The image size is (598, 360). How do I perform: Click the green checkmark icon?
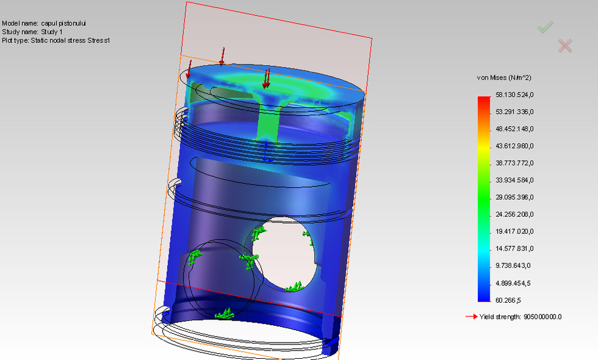click(x=546, y=27)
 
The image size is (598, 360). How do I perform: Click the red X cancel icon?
click(x=565, y=45)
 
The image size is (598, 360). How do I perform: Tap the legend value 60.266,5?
click(x=509, y=300)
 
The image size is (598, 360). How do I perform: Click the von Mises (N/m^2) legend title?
click(x=504, y=78)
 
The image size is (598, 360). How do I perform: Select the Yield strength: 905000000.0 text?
click(x=521, y=317)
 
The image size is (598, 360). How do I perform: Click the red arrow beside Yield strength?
click(x=471, y=317)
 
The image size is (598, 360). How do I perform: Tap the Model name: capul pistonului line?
click(x=44, y=23)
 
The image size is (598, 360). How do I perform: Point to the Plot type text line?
click(x=56, y=40)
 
